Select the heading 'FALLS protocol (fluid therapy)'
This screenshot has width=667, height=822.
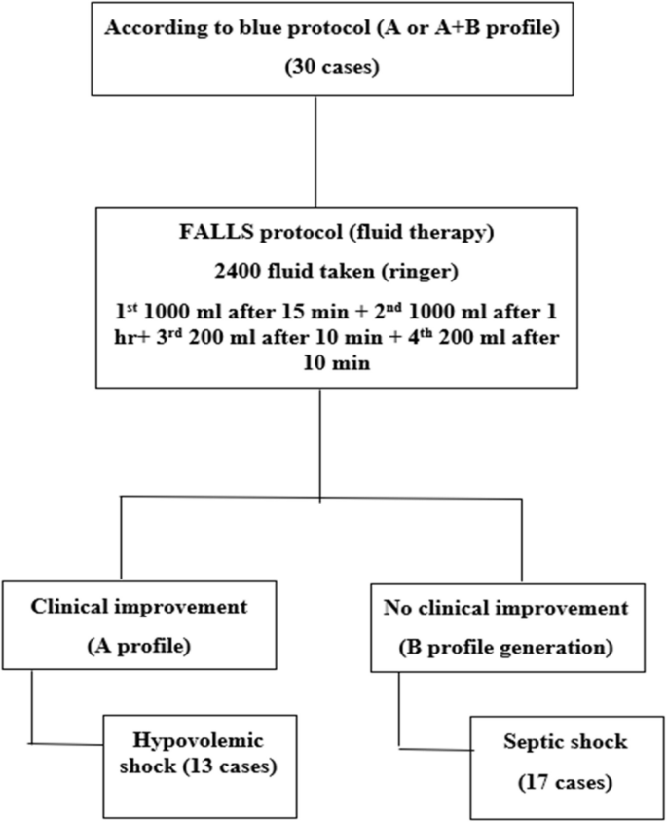pyautogui.click(x=320, y=235)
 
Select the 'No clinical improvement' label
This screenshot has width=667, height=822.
pyautogui.click(x=506, y=610)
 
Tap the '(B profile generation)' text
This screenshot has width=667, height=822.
pyautogui.click(x=506, y=647)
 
